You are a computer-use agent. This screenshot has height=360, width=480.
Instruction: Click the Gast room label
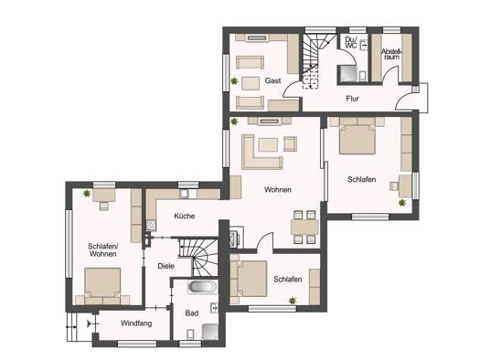click(x=272, y=80)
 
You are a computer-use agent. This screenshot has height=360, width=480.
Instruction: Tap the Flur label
click(x=352, y=99)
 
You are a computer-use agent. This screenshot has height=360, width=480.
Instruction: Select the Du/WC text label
click(x=350, y=43)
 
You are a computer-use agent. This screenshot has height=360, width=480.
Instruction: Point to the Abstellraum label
click(x=391, y=54)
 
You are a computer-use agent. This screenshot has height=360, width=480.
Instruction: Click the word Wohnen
click(x=278, y=190)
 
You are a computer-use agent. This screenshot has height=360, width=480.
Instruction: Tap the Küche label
click(x=185, y=216)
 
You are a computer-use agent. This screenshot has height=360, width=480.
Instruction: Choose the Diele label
click(x=165, y=266)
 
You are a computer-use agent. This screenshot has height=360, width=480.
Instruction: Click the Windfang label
click(x=136, y=323)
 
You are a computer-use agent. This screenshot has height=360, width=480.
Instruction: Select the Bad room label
click(x=192, y=313)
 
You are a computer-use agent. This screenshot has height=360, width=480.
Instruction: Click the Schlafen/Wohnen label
click(x=102, y=249)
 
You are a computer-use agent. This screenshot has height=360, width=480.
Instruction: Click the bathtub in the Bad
click(x=202, y=287)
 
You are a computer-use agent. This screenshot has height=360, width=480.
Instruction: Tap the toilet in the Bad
click(x=190, y=334)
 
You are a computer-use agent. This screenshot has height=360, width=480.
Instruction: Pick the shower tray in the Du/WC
click(x=347, y=74)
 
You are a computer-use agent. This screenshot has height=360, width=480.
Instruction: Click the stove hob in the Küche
click(x=151, y=225)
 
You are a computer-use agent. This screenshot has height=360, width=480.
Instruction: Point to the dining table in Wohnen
click(x=304, y=227)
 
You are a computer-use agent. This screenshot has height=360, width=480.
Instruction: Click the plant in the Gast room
click(x=234, y=81)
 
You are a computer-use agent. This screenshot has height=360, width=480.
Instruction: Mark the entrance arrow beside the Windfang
click(x=89, y=323)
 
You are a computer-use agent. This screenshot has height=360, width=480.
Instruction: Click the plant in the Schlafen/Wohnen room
click(x=87, y=194)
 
